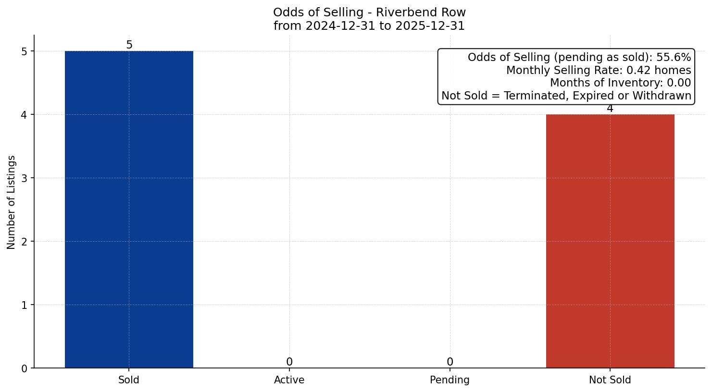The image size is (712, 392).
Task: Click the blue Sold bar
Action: point(129,209)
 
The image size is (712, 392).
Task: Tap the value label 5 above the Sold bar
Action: point(129,45)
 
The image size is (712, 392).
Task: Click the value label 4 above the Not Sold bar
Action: point(610,109)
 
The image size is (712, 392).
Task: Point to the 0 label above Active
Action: point(289,362)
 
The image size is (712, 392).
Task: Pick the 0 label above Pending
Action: point(450,362)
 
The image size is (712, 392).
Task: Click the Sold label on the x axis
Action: point(129,380)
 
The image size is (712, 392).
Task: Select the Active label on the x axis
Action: point(289,380)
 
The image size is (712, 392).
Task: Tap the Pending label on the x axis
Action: point(450,380)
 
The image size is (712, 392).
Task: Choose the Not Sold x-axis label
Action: point(610,380)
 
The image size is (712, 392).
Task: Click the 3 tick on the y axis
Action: point(25,178)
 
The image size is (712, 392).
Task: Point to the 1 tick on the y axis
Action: point(25,305)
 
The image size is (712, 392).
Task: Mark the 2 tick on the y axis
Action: point(25,242)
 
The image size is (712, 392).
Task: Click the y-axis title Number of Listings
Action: point(12,202)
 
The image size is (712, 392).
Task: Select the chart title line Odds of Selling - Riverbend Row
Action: point(369,12)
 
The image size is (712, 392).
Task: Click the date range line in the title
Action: point(369,26)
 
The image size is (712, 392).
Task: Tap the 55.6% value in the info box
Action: point(674,58)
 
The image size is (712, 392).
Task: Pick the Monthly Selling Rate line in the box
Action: point(599,71)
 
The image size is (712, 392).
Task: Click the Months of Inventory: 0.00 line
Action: point(620,83)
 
